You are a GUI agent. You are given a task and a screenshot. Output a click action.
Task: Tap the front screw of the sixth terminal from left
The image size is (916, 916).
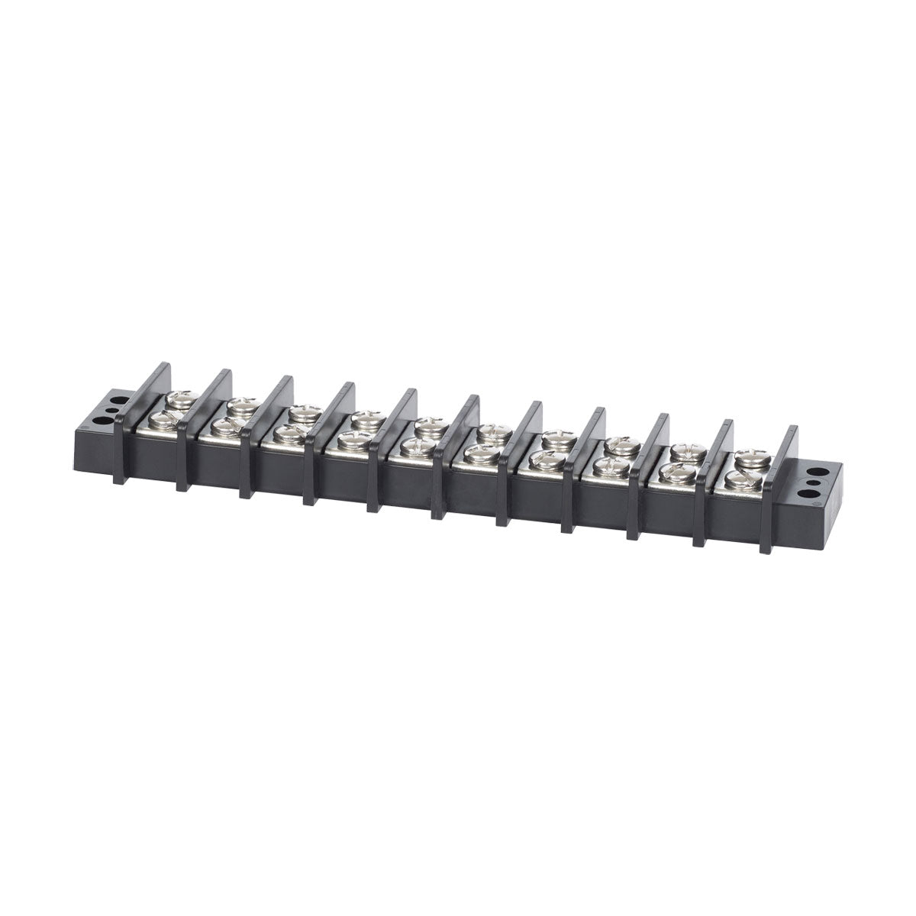coord(479,454)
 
